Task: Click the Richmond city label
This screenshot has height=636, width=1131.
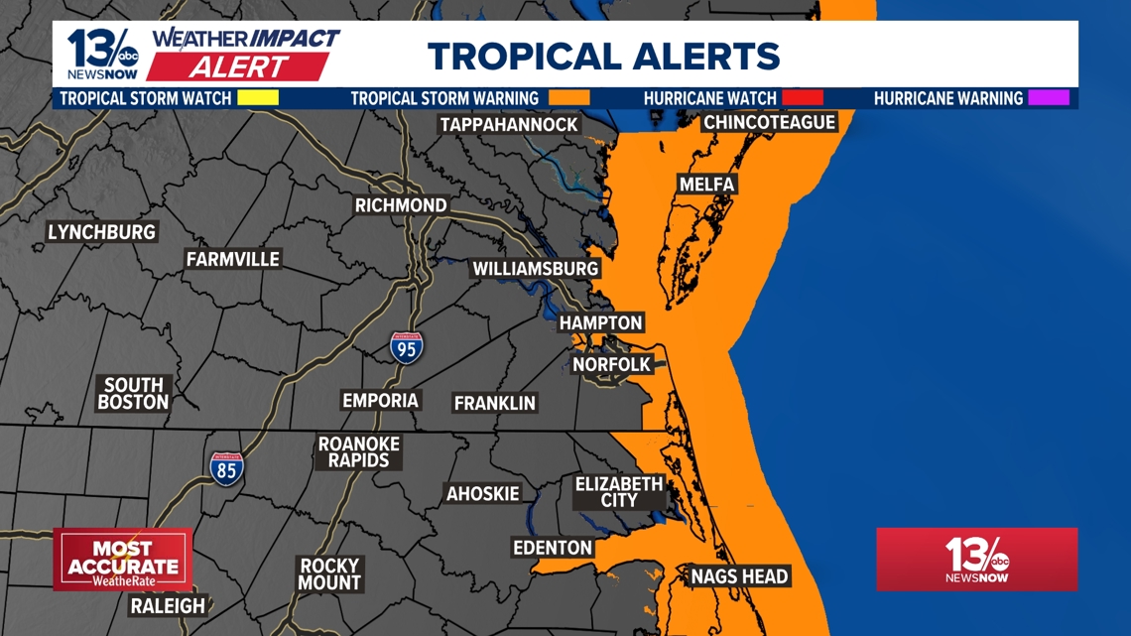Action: click(x=401, y=205)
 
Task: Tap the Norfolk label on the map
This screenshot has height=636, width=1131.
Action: click(x=611, y=365)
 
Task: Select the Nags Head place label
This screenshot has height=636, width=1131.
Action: click(x=739, y=576)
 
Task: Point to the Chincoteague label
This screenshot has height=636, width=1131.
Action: click(x=769, y=123)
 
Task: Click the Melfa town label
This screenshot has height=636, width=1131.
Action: click(x=706, y=185)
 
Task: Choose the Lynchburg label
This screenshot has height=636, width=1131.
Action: click(x=101, y=232)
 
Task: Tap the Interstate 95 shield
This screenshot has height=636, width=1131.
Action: click(x=406, y=347)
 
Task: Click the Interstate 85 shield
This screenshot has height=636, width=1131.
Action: click(x=226, y=468)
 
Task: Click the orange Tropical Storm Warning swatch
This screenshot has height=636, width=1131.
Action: click(x=568, y=98)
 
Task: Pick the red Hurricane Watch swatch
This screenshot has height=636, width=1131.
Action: click(x=803, y=98)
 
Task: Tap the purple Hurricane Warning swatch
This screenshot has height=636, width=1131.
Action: click(x=1049, y=98)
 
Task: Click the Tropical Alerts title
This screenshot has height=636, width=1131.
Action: click(x=603, y=56)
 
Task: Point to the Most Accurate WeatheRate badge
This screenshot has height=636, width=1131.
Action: click(x=123, y=560)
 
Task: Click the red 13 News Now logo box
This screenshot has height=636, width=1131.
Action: click(x=976, y=560)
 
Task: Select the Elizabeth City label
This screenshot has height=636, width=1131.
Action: click(x=618, y=492)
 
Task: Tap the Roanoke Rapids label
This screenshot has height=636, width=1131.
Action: click(x=359, y=452)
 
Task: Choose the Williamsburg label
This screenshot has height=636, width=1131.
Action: click(x=535, y=269)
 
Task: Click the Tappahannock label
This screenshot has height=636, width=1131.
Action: click(x=509, y=124)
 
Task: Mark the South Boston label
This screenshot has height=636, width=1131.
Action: click(x=133, y=394)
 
